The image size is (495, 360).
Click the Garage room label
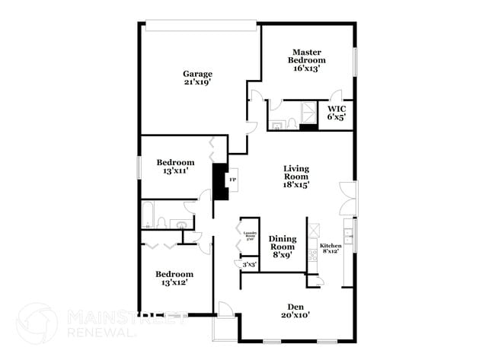tap(196, 74)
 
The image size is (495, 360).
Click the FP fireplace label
tap(233, 180)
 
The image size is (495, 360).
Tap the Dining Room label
tap(282, 243)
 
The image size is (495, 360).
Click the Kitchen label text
tap(331, 246)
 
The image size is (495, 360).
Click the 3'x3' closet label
tap(249, 265)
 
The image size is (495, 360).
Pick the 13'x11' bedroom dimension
tap(175, 171)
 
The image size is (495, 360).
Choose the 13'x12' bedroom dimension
tap(174, 283)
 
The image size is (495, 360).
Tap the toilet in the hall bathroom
tap(162, 223)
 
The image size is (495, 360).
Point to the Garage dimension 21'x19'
tap(196, 83)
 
